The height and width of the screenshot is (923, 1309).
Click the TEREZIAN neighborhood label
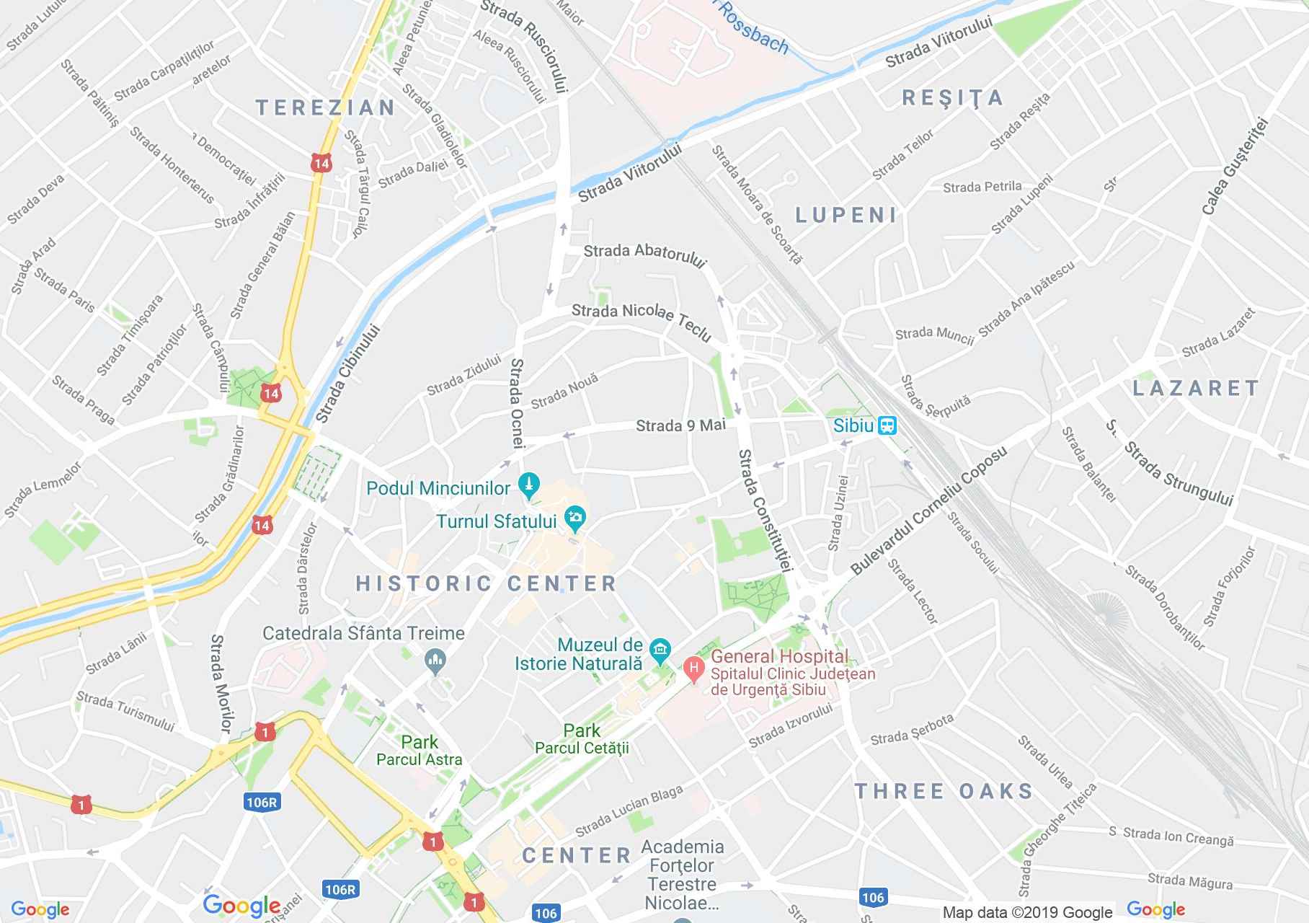point(326,108)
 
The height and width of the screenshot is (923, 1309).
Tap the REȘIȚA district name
point(953,98)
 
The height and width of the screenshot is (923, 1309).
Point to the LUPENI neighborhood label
point(846,214)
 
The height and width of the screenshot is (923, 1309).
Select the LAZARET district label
point(1196,388)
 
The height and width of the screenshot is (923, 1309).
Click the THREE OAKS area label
point(944,791)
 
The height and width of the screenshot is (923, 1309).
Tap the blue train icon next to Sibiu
point(887,425)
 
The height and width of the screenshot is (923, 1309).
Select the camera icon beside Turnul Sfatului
point(575,517)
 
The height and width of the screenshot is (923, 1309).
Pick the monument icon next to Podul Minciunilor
point(530,485)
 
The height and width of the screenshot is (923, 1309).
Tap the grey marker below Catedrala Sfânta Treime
point(435,660)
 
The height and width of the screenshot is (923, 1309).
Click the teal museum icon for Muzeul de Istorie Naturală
point(660,650)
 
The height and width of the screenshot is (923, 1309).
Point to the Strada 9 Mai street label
point(680,425)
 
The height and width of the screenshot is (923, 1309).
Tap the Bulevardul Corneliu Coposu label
point(929,511)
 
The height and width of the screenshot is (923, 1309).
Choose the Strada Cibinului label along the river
point(347,374)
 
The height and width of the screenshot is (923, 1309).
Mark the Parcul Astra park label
point(420,759)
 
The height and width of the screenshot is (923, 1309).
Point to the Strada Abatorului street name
point(644,255)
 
